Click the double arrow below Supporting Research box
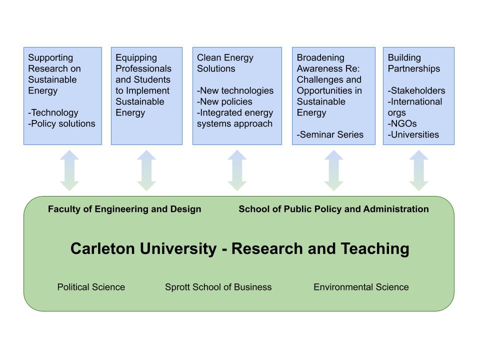[x=69, y=170]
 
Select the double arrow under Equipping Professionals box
[x=146, y=170]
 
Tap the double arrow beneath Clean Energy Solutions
[x=237, y=170]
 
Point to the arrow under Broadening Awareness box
[x=333, y=170]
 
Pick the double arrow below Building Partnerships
[x=419, y=170]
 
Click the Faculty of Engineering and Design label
[x=124, y=209]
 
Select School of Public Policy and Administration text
[x=333, y=209]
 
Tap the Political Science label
[x=91, y=287]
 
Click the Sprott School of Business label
[x=218, y=287]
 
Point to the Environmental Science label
[x=361, y=287]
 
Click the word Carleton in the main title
[x=102, y=248]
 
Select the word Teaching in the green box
[x=375, y=249]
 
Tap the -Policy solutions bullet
[x=62, y=123]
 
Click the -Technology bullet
[x=53, y=113]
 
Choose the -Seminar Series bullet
[x=330, y=134]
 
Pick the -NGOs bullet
[x=402, y=123]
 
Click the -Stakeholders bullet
[x=416, y=90]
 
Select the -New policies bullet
[x=224, y=101]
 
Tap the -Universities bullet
[x=413, y=134]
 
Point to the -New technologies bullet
[x=235, y=91]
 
